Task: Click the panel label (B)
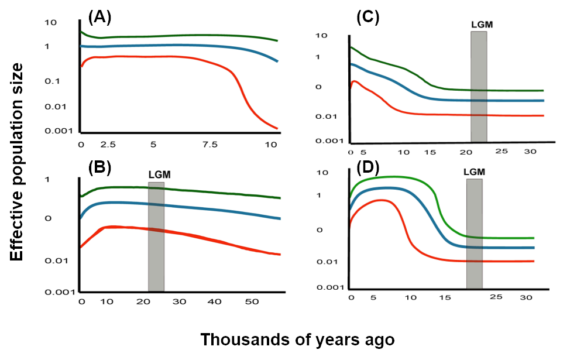(99, 168)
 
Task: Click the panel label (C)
(368, 18)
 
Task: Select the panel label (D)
(368, 169)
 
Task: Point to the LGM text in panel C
(481, 25)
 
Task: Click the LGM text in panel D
(474, 172)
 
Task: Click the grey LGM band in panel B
(156, 236)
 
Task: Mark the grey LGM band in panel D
(474, 233)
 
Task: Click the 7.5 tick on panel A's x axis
(209, 144)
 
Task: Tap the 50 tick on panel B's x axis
(252, 301)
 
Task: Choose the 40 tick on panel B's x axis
(217, 301)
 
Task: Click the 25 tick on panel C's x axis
(502, 152)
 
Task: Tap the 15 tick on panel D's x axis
(445, 297)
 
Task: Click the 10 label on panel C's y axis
(321, 36)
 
